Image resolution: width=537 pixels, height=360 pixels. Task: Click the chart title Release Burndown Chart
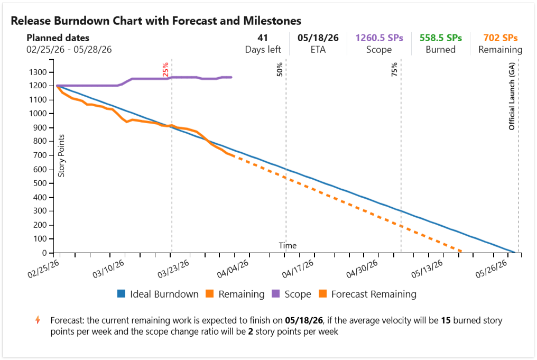pos(156,21)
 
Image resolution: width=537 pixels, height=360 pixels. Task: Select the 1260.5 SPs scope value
pos(379,38)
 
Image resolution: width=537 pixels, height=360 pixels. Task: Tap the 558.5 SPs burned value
pos(440,38)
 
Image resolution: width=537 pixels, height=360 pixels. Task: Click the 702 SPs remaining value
pos(500,38)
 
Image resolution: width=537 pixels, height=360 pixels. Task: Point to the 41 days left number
pos(263,38)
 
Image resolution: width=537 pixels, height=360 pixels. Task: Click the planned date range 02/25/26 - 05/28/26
pos(69,49)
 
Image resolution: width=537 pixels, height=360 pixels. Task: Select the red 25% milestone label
pos(165,70)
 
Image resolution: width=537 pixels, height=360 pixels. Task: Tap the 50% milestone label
pos(280,70)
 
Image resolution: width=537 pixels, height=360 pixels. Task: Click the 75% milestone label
pos(394,70)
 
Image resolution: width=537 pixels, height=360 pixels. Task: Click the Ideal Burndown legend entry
pos(158,294)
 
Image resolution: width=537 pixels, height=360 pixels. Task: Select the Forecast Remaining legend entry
pos(368,294)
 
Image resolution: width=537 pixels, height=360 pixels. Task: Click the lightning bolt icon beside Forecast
pos(37,320)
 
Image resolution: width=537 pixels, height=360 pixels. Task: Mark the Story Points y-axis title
pos(61,156)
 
